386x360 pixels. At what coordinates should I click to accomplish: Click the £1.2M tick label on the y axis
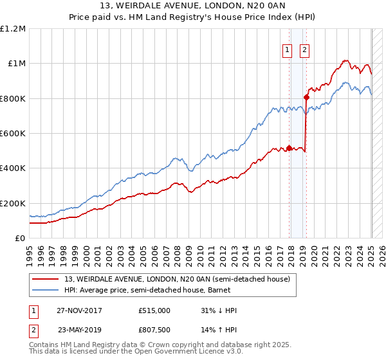14,28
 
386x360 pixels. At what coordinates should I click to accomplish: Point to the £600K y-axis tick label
13,134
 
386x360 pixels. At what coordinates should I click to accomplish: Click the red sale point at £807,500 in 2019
306,97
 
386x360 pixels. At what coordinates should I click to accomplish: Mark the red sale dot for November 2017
289,148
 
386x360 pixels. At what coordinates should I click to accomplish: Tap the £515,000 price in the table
154,310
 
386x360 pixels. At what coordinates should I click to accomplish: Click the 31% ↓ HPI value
219,310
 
